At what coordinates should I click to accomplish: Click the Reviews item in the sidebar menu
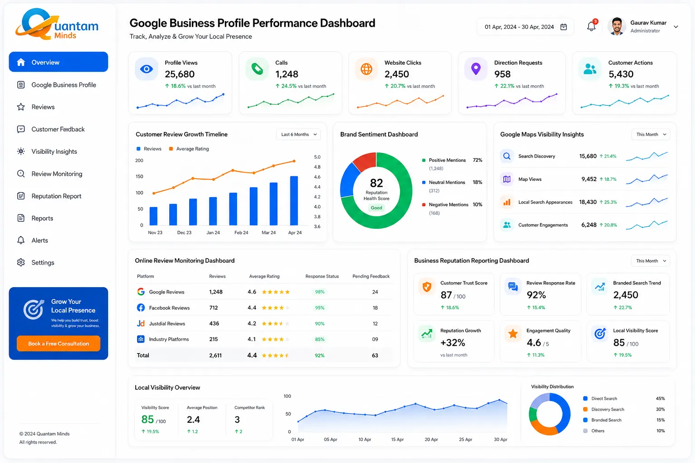click(x=43, y=107)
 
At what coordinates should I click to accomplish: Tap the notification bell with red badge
click(x=592, y=26)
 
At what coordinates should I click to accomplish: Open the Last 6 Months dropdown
click(x=299, y=134)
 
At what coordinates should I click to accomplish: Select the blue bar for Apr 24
click(x=294, y=201)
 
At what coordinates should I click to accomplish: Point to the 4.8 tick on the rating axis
click(x=317, y=167)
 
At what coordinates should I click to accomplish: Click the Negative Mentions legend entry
click(x=448, y=205)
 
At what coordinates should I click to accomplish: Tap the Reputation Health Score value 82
click(x=376, y=183)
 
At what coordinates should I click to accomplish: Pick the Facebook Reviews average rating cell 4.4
click(x=252, y=308)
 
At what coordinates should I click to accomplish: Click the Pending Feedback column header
click(x=371, y=276)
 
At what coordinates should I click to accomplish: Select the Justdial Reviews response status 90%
click(x=319, y=324)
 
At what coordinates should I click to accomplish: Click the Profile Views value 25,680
click(x=180, y=74)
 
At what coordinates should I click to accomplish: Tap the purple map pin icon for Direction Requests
click(x=476, y=69)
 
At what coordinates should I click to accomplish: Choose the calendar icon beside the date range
click(x=563, y=27)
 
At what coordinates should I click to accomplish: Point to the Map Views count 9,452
click(x=589, y=179)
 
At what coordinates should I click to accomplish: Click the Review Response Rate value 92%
click(x=536, y=295)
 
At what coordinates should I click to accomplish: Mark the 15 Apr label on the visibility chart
click(x=397, y=439)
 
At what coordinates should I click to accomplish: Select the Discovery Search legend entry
click(x=604, y=409)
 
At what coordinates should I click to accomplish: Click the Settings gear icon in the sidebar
click(x=21, y=263)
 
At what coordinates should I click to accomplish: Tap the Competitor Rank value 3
click(x=237, y=420)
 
